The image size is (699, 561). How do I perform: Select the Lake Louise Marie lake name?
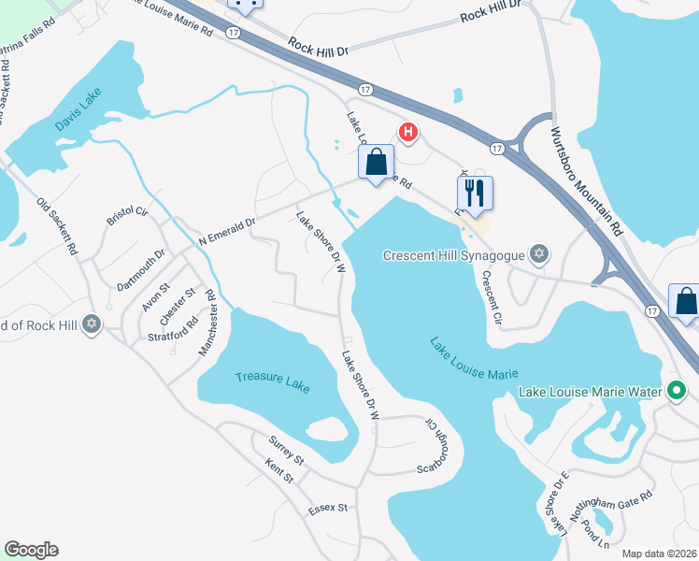pyautogui.click(x=474, y=359)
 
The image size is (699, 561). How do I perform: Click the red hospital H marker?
pyautogui.click(x=407, y=132)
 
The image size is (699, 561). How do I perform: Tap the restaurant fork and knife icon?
pyautogui.click(x=475, y=193)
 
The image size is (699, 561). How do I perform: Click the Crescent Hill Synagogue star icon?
pyautogui.click(x=538, y=253)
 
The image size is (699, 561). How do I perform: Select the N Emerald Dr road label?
pyautogui.click(x=227, y=233)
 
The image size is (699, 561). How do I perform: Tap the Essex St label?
pyautogui.click(x=329, y=509)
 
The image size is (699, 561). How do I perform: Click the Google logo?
pyautogui.click(x=32, y=550)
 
